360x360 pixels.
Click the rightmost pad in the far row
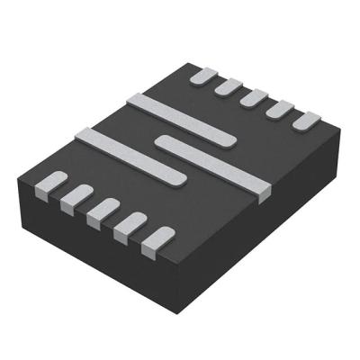tap(306, 120)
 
